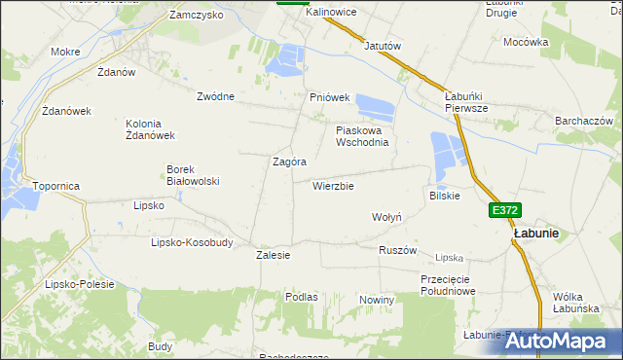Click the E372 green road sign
505,209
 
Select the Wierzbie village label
333,186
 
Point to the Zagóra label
290,162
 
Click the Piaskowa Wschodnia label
362,135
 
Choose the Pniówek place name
329,97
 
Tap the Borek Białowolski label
192,174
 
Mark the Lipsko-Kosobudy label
192,242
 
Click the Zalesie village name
274,255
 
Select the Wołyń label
387,217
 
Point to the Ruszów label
397,250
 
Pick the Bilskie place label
444,196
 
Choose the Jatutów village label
383,46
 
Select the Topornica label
55,185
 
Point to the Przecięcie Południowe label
448,284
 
